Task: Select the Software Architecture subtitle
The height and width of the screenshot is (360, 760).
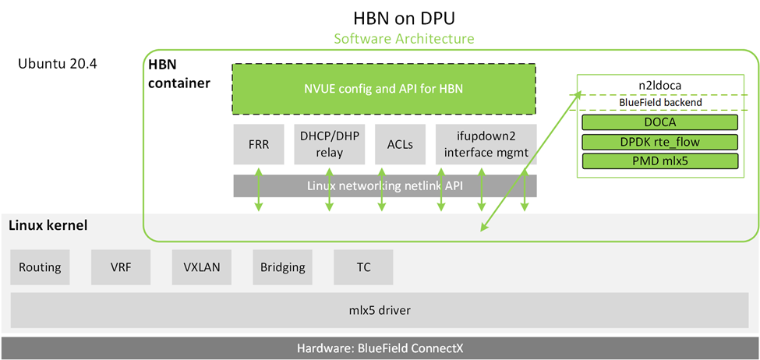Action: tap(403, 38)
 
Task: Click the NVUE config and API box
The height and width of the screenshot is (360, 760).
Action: tap(384, 89)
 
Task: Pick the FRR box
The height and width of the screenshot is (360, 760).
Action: tap(257, 143)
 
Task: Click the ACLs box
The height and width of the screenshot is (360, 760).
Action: tap(399, 143)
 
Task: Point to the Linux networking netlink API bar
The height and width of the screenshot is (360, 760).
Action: tap(385, 185)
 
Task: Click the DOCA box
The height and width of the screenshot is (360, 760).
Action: tap(659, 122)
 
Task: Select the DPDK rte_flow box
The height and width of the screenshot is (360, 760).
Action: tap(659, 142)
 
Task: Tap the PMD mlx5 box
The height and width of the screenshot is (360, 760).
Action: tap(659, 161)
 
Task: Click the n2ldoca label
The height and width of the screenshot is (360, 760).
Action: tap(660, 86)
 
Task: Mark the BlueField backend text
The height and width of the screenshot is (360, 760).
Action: tap(660, 102)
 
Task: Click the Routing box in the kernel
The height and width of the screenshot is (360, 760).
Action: tap(40, 267)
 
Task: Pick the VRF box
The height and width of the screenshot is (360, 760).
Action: tap(121, 267)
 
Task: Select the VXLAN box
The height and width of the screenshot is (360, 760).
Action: tap(202, 267)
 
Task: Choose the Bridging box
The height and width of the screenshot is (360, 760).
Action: tap(282, 267)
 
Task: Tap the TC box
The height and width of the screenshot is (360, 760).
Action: tap(363, 267)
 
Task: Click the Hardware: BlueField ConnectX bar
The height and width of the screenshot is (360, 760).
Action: tap(380, 348)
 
